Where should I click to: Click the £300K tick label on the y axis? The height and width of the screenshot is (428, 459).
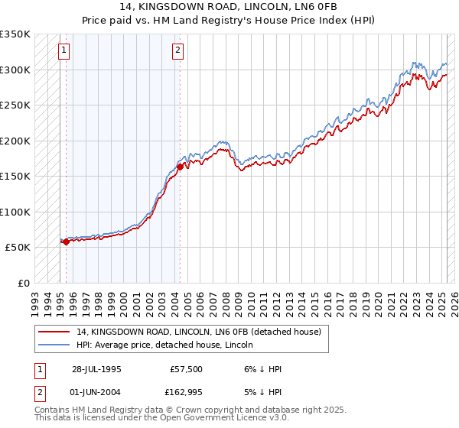click(15, 70)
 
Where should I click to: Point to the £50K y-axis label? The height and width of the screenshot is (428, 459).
click(18, 248)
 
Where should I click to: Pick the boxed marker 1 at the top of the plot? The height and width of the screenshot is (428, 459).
click(63, 51)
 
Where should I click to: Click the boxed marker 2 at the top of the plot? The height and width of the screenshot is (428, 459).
click(177, 51)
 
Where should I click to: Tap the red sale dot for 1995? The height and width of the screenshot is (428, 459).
click(67, 242)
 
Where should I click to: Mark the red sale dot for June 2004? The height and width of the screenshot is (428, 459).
click(180, 167)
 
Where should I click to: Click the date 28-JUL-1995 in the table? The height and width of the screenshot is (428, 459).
click(96, 369)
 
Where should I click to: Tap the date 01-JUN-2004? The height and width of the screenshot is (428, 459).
click(96, 394)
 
